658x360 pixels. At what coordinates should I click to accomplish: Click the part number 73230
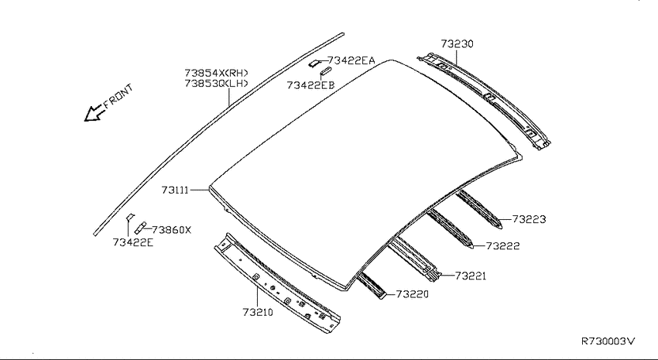457,44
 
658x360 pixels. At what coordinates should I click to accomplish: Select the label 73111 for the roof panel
175,190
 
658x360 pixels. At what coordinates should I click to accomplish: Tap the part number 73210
258,312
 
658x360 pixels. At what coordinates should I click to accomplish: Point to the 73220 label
412,294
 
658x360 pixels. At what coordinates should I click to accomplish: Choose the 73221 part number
471,276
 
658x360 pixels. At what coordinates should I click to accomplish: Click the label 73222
502,246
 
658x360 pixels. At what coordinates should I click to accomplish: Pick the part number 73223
529,219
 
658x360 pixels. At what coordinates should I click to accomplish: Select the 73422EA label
351,61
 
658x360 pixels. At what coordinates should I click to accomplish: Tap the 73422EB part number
310,85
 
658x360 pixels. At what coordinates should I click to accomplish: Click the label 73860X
171,230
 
